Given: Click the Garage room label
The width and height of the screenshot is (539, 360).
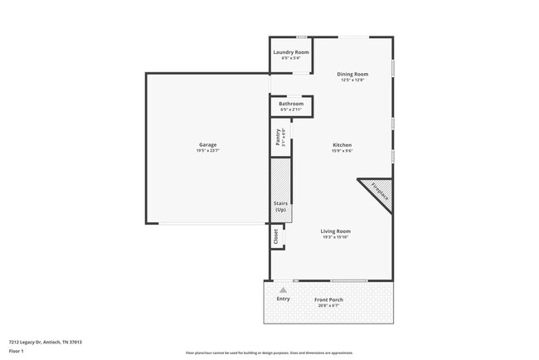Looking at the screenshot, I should pos(206,144).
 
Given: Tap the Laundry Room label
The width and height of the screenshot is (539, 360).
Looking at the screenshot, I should pos(291,52).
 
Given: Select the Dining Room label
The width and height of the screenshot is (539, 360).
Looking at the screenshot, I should pos(353,74).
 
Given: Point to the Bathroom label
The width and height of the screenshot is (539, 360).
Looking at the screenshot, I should pos(291,104).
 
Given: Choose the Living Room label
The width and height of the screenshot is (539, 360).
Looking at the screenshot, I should pos(336,231).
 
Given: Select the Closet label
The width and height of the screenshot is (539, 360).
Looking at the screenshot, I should pos(276,236).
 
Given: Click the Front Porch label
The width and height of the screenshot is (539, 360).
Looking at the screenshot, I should pos(328,299).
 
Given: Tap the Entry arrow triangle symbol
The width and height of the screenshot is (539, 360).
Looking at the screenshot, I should pos(283,289).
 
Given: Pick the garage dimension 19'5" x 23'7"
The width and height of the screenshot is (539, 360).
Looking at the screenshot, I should pos(206,150).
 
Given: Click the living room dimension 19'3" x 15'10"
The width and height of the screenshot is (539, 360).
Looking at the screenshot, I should pos(336,238).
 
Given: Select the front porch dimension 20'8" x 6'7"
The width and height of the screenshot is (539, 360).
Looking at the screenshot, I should pos(328,305).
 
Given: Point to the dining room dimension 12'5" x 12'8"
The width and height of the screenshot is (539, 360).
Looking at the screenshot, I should pos(353,80).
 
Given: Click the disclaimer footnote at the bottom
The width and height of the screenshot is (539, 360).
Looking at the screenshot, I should pos(269,353).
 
